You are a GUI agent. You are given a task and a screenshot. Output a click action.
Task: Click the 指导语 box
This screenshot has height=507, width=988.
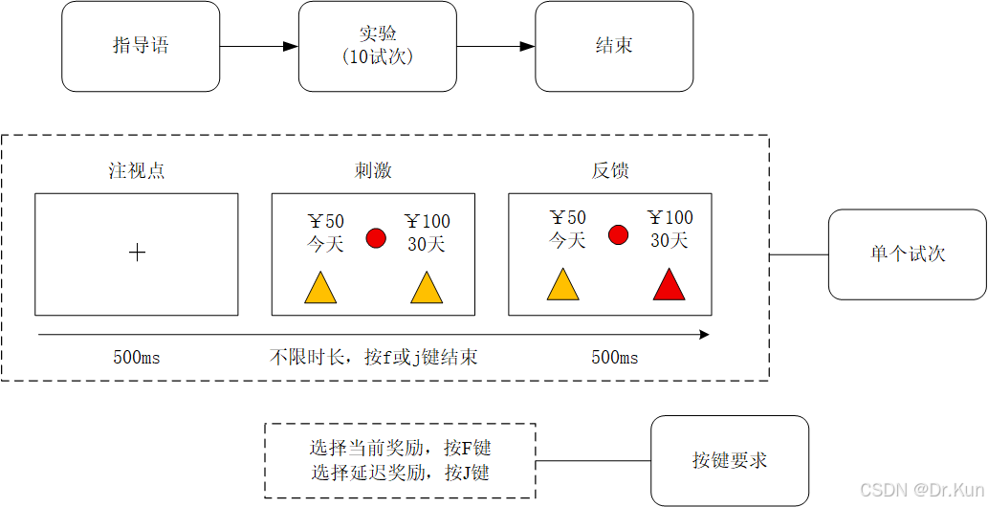pos(141,46)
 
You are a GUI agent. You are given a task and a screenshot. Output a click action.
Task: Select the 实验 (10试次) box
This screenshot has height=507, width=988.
pos(377,46)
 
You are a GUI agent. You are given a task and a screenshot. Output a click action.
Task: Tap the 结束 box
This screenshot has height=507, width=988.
pos(613,46)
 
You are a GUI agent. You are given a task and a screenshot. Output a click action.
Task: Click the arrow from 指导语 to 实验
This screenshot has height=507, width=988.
pos(258,46)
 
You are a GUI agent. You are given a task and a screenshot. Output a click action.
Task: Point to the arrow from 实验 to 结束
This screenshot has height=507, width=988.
pos(494,46)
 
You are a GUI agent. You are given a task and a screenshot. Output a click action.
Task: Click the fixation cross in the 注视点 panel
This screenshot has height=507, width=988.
pos(137,253)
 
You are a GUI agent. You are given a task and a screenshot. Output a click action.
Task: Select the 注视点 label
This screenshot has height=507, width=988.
pos(137,171)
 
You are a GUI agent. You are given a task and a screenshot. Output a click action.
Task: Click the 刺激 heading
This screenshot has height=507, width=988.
pos(373,171)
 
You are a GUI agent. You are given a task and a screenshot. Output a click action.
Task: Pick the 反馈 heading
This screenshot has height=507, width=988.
pos(610,171)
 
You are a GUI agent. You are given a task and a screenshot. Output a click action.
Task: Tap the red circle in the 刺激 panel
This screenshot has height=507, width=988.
pos(376,238)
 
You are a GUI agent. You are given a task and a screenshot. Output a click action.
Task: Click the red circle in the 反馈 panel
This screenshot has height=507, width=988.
pos(618,234)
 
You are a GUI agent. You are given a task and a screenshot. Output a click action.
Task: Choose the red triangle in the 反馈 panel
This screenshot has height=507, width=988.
pos(670,285)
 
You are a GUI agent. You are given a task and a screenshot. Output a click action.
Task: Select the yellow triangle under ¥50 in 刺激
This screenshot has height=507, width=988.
pos(320,289)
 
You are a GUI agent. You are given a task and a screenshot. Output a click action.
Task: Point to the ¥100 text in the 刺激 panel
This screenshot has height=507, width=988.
pos(427,222)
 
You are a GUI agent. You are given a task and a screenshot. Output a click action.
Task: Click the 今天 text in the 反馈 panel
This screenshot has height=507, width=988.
pos(567,240)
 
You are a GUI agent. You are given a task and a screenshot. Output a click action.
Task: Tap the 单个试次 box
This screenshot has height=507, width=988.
pos(907,254)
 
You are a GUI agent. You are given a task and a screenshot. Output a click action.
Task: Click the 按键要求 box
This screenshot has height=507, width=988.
pos(729,460)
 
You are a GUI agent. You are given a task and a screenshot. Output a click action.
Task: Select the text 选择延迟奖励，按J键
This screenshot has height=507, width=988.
pos(400,473)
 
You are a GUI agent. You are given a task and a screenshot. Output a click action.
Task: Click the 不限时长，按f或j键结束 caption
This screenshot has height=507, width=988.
pos(373,358)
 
